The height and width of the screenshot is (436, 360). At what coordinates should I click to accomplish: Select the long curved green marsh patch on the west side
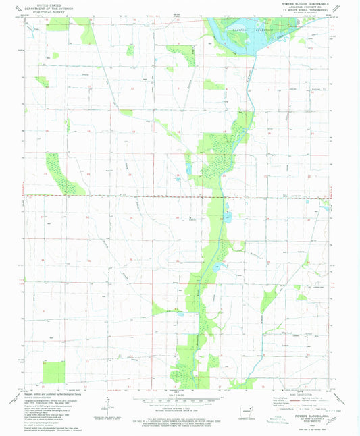click(61, 172)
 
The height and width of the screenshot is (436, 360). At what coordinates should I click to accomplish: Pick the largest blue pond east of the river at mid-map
click(228, 217)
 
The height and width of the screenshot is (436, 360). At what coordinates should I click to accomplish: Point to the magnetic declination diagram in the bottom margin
click(107, 404)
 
